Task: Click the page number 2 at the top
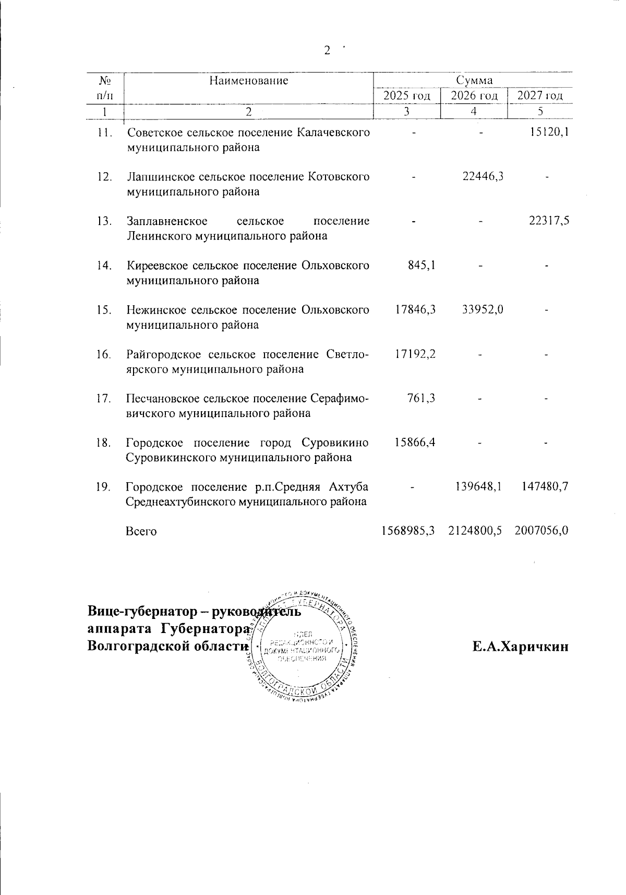click(328, 50)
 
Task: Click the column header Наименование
click(249, 80)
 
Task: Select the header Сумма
click(474, 80)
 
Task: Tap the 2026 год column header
click(474, 96)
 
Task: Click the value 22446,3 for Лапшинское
click(483, 176)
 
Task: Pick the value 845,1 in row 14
click(422, 265)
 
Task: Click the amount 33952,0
click(483, 309)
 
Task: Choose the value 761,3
click(422, 398)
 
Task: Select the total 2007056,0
click(541, 531)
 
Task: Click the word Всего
click(141, 531)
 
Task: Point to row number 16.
click(104, 354)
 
